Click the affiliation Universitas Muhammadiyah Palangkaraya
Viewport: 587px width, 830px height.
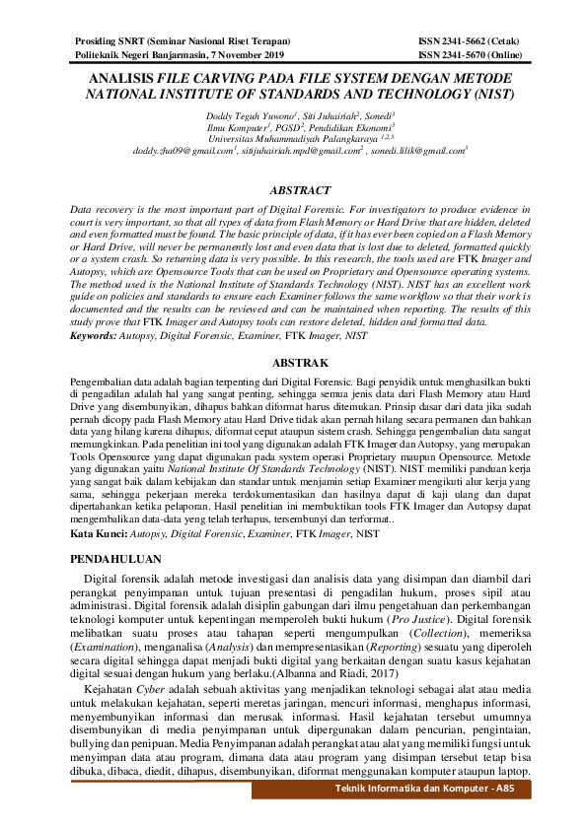point(290,140)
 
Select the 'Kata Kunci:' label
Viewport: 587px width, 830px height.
point(99,533)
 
